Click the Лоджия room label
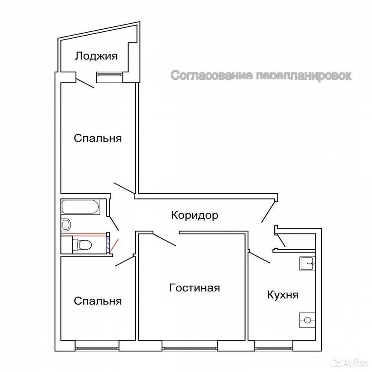[96, 57]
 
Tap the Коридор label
[195, 215]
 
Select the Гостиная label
[195, 288]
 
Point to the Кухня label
[283, 295]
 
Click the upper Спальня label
[98, 138]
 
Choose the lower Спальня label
[98, 301]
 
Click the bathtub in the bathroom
[80, 207]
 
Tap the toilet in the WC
[82, 245]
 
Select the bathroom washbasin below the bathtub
[66, 224]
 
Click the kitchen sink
[307, 263]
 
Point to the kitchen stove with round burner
[307, 320]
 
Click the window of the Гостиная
[190, 348]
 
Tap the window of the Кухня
[274, 348]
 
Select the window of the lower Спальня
[97, 348]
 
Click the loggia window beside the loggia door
[109, 74]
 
